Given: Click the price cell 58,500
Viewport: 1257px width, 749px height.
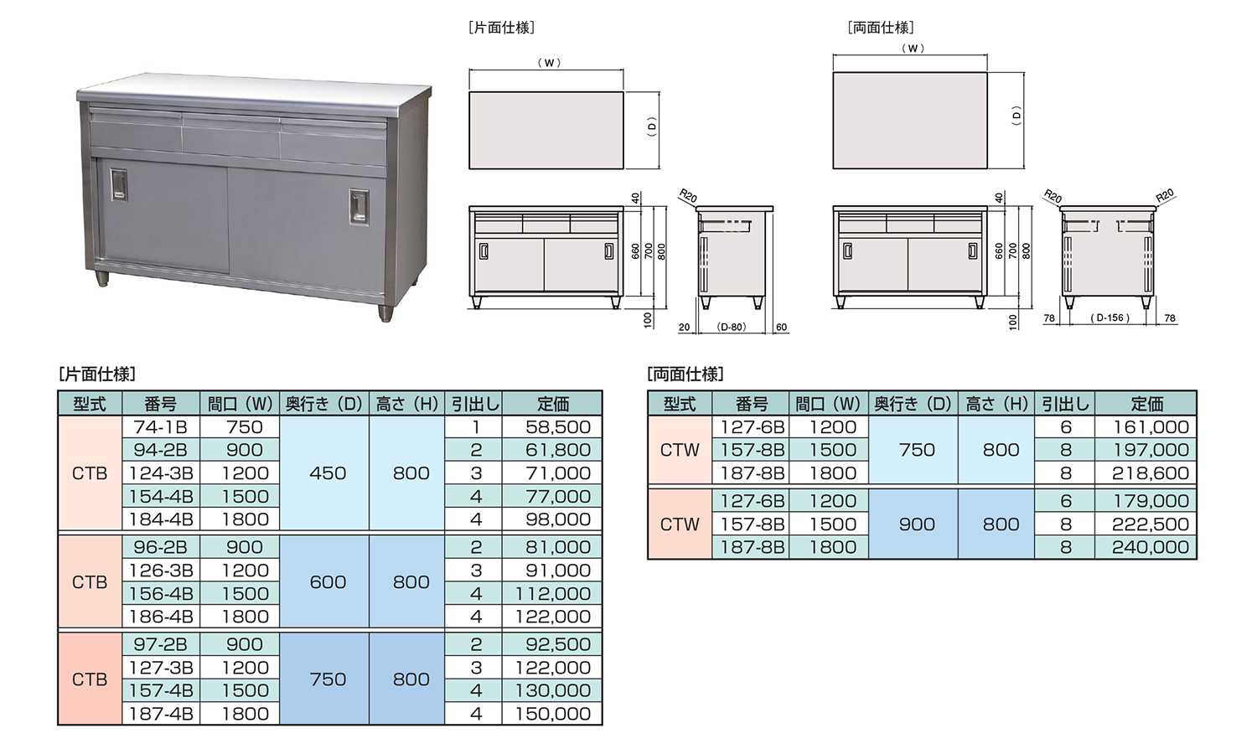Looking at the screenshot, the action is pos(558,427).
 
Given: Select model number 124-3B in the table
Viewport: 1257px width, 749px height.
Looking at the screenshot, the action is pos(161,473).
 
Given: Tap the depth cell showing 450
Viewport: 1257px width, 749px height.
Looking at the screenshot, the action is pos(328,473).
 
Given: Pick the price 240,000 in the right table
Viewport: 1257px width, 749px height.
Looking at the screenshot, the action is pos(1151,547).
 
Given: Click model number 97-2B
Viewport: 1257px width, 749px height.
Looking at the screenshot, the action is pos(160,644).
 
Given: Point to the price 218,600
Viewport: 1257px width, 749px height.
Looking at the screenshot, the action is pos(1151,473).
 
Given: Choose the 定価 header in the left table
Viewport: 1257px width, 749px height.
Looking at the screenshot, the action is pos(553,404).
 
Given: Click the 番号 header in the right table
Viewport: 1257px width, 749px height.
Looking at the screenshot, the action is pos(752,404).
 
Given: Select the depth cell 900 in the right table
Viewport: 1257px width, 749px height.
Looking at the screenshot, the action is pos(917,524).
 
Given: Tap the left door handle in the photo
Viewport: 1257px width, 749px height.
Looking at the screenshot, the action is pos(118,184).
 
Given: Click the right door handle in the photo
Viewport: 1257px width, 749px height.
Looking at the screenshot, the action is pos(360,207).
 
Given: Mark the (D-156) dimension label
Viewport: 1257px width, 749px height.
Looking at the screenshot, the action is pos(1110,318).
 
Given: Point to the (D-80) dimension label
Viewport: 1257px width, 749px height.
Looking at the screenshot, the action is pos(732,327).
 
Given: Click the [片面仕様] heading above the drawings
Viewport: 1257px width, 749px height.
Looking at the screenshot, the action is pos(501,28).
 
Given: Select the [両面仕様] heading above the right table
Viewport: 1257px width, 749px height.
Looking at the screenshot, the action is pos(685,374).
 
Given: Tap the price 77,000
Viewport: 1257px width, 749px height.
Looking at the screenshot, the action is pos(558,497).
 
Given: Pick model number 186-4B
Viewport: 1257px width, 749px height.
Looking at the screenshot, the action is pos(161,617).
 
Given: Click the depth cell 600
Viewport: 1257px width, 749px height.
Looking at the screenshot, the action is pos(328,582).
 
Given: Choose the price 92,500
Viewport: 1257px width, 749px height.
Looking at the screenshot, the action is pos(558,644).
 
